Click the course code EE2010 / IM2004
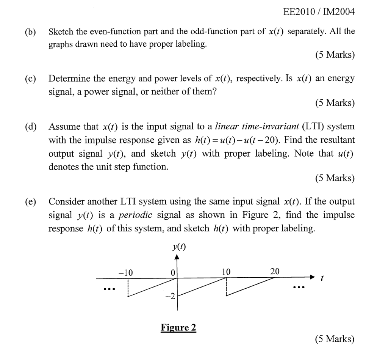[x=319, y=12]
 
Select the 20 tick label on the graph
[x=275, y=272]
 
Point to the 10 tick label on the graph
[x=226, y=272]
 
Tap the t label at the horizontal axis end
[x=322, y=279]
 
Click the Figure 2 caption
[x=178, y=327]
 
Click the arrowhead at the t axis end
[x=312, y=278]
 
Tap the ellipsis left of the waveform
[x=108, y=289]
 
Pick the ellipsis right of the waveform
[x=298, y=287]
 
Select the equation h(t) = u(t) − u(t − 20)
[x=237, y=140]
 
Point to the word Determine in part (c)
[x=69, y=79]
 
